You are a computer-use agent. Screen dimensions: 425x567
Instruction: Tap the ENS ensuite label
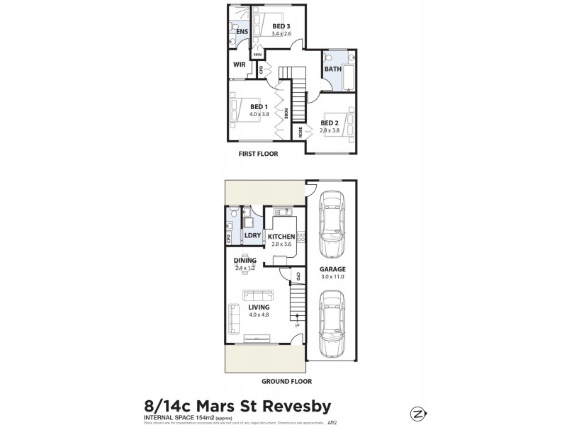coord(242,32)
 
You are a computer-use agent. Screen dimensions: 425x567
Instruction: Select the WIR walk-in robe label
coord(240,64)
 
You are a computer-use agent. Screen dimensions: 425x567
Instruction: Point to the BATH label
coord(332,69)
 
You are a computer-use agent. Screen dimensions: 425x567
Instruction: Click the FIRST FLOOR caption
coord(258,154)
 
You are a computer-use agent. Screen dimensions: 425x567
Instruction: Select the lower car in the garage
coord(331,325)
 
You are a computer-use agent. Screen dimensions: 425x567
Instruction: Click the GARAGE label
coord(332,269)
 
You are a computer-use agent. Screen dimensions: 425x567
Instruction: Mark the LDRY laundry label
coord(252,234)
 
